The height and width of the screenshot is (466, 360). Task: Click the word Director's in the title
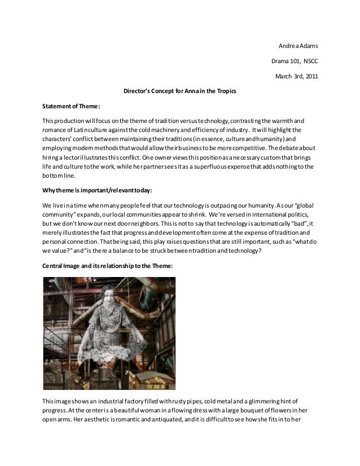pos(138,91)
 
